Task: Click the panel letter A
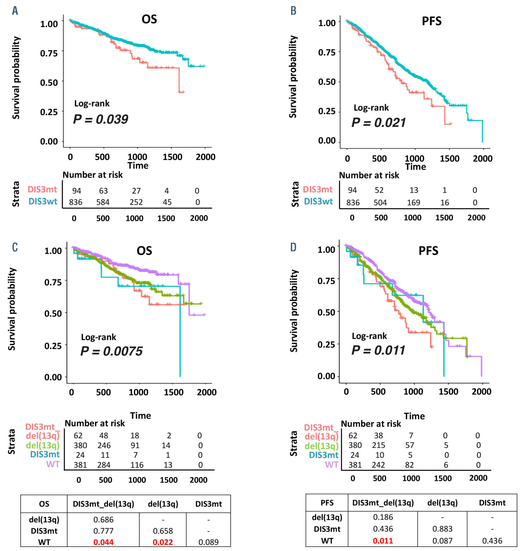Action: pos(15,11)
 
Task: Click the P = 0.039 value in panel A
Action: pos(100,120)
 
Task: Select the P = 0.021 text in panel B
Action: pos(378,123)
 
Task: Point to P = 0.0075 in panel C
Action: pos(111,351)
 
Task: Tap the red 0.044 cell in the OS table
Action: pos(103,542)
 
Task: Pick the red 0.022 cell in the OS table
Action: pos(163,542)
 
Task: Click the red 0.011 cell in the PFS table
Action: pos(383,541)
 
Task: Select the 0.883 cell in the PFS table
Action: pos(442,529)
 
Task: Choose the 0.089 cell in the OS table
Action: pos(208,542)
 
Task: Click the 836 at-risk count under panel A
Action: pos(76,202)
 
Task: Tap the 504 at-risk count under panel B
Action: pos(380,203)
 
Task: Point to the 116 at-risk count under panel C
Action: pos(137,465)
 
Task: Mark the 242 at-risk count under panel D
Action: pos(378,465)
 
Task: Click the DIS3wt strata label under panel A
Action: pos(43,202)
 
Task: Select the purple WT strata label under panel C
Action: pos(53,464)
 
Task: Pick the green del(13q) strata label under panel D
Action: pos(321,446)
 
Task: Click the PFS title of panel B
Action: pos(432,21)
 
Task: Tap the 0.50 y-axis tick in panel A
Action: pos(49,83)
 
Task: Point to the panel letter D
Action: pos(293,247)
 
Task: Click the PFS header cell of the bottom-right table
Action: pos(327,503)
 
